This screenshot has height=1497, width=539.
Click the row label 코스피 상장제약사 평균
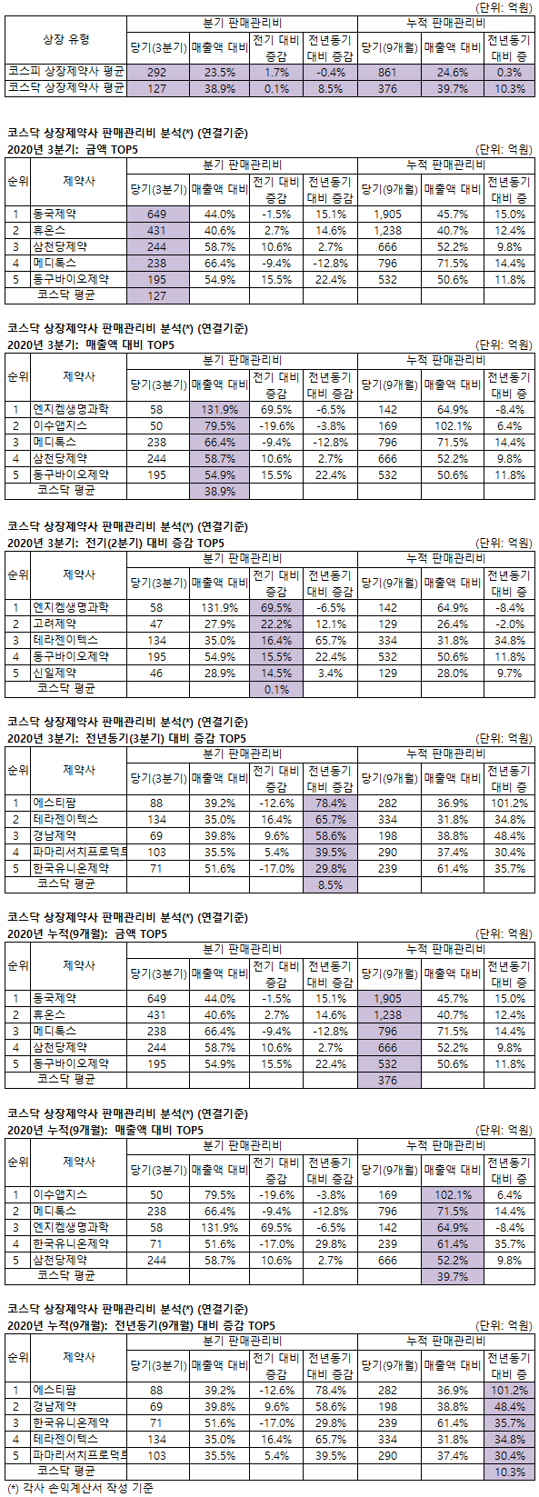click(x=66, y=72)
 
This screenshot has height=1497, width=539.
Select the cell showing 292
click(x=157, y=72)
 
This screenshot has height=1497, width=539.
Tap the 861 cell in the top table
click(x=388, y=72)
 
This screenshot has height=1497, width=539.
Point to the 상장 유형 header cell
click(x=66, y=39)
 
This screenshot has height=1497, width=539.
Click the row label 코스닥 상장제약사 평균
click(x=66, y=87)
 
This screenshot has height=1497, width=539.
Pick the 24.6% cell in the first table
click(x=452, y=72)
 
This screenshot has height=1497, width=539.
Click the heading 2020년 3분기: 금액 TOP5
click(x=73, y=149)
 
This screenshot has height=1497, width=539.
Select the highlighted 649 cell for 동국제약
click(x=157, y=214)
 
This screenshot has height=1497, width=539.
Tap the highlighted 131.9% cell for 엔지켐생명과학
click(x=219, y=409)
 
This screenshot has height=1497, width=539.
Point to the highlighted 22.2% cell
click(x=276, y=624)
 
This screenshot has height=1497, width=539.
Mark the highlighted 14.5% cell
click(x=276, y=673)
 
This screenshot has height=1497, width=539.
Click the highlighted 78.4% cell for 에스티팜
click(x=330, y=803)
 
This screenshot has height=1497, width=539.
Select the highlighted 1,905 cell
click(x=388, y=998)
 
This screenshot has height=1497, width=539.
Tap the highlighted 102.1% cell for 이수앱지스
click(x=452, y=1194)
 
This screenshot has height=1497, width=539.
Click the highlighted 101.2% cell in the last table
click(x=509, y=1390)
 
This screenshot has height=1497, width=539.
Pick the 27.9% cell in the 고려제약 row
click(x=219, y=624)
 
